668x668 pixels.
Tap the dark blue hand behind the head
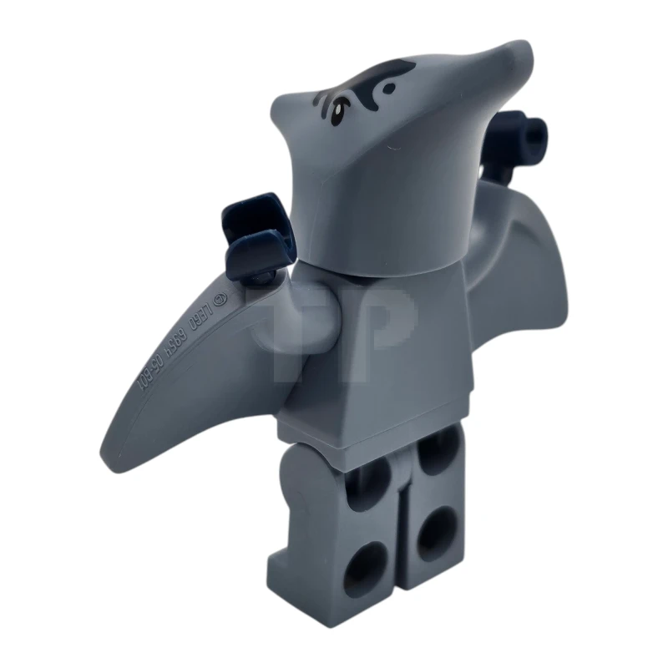coord(521,134)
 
